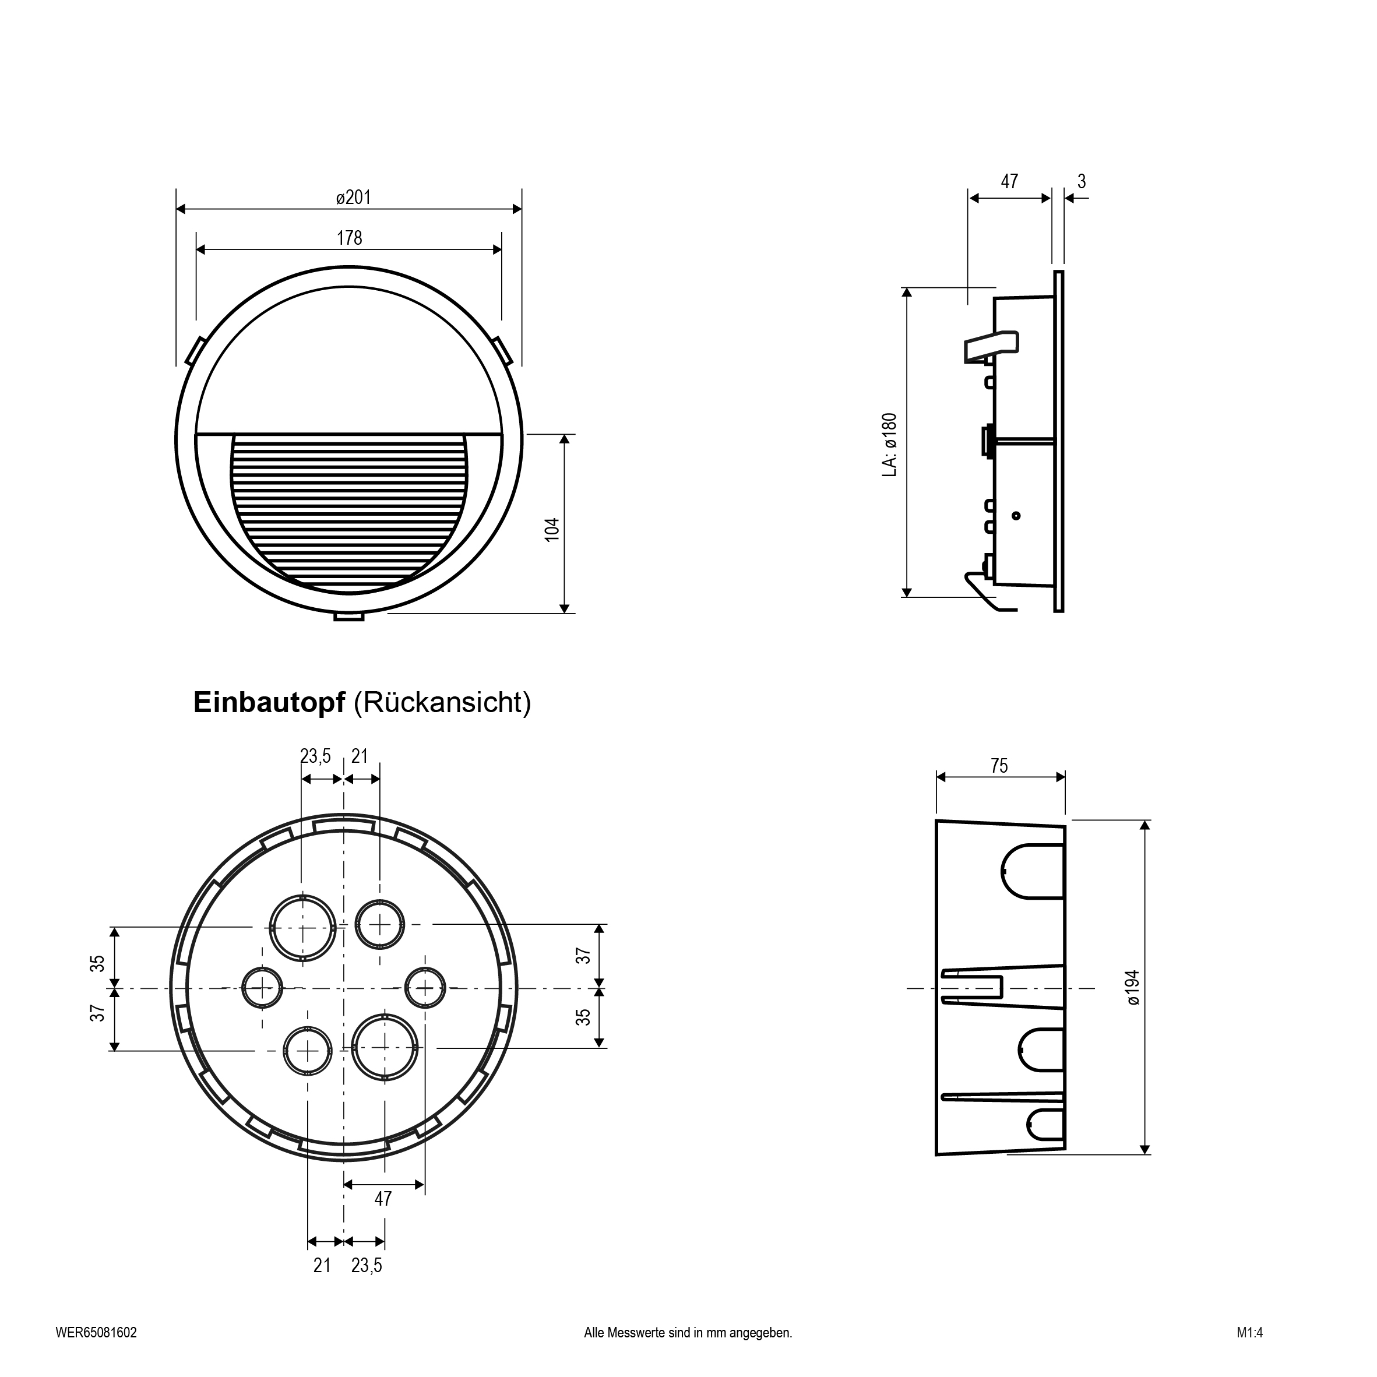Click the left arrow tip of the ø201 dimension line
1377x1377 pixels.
coord(177,209)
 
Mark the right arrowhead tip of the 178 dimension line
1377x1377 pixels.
coord(501,249)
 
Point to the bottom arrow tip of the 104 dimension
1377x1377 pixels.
coord(565,613)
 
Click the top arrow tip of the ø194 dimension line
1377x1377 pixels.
coord(1144,820)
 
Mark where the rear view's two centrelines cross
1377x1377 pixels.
coord(344,988)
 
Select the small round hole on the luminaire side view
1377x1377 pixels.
coord(1016,515)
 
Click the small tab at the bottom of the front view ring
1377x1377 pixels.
coord(348,617)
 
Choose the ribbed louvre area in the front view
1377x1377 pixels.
coord(349,513)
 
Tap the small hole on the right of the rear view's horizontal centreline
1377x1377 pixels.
coord(425,988)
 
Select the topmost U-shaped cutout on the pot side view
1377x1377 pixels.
coord(1033,871)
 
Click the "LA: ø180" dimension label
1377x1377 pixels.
coord(889,445)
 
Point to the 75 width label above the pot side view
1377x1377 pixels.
coord(999,766)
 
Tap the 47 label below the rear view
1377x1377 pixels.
coord(383,1199)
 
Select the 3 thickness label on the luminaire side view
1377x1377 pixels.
coord(1082,182)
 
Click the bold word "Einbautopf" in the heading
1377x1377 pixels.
coord(269,703)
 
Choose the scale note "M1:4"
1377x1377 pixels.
coord(1250,1333)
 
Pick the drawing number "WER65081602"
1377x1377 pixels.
coord(96,1333)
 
